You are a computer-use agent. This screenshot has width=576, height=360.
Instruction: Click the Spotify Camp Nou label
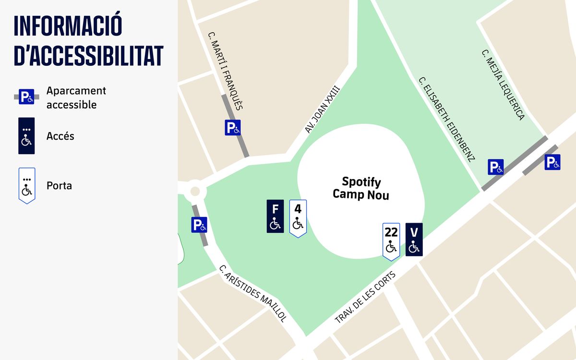pyautogui.click(x=361, y=189)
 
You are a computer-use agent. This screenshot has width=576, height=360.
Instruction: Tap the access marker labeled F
pyautogui.click(x=275, y=216)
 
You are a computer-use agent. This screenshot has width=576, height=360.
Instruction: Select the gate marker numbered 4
pyautogui.click(x=298, y=217)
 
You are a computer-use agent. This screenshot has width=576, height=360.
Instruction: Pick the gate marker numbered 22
pyautogui.click(x=391, y=240)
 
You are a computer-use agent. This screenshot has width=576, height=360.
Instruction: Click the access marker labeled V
pyautogui.click(x=414, y=240)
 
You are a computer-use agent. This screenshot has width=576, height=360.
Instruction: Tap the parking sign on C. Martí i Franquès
pyautogui.click(x=233, y=128)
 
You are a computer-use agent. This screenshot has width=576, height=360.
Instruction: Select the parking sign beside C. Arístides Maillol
pyautogui.click(x=199, y=225)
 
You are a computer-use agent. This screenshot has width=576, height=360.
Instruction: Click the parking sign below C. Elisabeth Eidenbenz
pyautogui.click(x=496, y=167)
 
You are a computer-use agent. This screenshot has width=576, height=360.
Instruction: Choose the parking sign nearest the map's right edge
pyautogui.click(x=552, y=162)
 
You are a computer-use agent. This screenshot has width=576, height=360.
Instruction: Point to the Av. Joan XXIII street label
pyautogui.click(x=322, y=109)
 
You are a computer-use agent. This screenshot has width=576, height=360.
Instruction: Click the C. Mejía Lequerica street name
pyautogui.click(x=503, y=84)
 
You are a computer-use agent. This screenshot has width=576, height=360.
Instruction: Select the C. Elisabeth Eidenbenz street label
pyautogui.click(x=446, y=119)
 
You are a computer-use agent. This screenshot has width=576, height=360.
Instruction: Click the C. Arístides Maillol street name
pyautogui.click(x=253, y=293)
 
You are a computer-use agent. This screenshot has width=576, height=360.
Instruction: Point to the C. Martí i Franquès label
pyautogui.click(x=225, y=71)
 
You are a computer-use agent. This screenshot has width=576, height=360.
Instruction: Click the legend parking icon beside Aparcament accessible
pyautogui.click(x=26, y=97)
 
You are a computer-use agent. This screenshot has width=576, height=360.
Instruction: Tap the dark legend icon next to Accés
pyautogui.click(x=26, y=136)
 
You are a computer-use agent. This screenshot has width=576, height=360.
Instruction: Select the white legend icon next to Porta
pyautogui.click(x=27, y=185)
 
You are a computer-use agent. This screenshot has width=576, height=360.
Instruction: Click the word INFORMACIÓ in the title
pyautogui.click(x=68, y=26)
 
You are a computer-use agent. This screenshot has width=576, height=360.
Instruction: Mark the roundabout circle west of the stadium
pyautogui.click(x=195, y=191)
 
